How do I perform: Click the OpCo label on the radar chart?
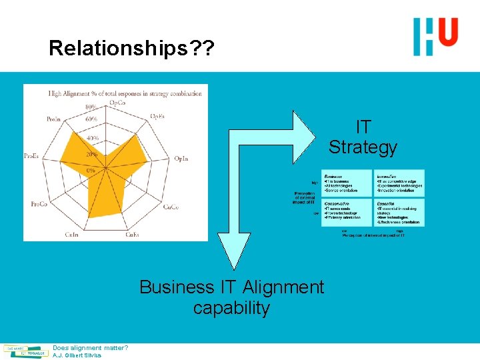(x=118, y=103)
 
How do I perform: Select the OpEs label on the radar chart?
(x=158, y=117)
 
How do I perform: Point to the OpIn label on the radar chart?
(x=181, y=159)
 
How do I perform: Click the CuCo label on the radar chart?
(x=171, y=207)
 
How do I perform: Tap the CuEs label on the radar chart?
(x=132, y=234)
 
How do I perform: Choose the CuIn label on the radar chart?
(x=72, y=234)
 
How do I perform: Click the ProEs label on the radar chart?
(x=31, y=156)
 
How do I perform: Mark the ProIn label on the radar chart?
(x=55, y=119)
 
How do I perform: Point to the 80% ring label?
(x=91, y=107)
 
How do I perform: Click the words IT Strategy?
(x=363, y=137)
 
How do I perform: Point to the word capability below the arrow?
(x=231, y=309)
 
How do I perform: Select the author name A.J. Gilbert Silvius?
(x=77, y=355)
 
